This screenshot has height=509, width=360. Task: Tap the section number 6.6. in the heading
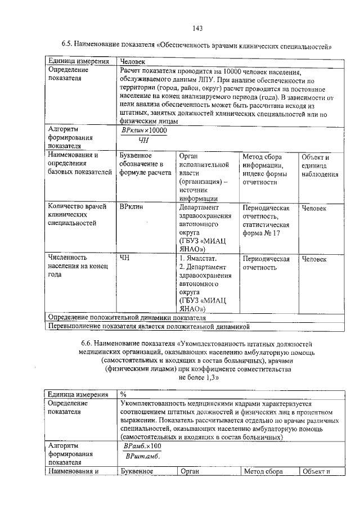(87, 343)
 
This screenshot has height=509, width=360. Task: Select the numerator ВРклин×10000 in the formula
(145, 130)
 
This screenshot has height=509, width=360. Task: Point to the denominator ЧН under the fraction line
(144, 141)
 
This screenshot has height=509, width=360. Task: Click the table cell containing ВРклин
(131, 208)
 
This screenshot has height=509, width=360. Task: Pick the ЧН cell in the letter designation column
(125, 259)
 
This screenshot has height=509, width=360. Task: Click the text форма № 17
(262, 233)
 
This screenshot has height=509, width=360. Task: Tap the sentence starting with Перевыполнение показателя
(148, 326)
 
